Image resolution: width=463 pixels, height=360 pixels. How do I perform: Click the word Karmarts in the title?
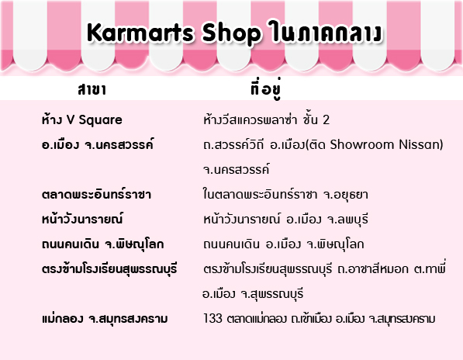tap(140, 33)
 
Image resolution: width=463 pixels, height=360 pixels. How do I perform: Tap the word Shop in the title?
tap(231, 33)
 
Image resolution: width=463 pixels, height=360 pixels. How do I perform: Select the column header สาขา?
tap(92, 89)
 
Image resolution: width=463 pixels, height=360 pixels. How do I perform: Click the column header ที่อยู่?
tap(266, 88)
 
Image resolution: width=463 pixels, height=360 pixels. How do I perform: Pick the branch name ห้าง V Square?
tap(81, 119)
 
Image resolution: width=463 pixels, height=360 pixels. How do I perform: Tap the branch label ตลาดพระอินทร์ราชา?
tap(96, 194)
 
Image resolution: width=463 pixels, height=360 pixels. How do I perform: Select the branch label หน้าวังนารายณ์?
tap(82, 219)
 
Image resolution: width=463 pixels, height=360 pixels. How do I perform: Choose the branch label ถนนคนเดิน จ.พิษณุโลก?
tap(102, 244)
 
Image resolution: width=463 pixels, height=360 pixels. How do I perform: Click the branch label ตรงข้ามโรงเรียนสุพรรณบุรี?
tap(109, 268)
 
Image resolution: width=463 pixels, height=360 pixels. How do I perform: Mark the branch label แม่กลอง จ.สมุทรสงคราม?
tap(105, 319)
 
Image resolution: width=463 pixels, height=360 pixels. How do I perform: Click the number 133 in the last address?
tap(212, 318)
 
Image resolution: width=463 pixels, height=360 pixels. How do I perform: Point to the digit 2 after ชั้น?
tap(326, 119)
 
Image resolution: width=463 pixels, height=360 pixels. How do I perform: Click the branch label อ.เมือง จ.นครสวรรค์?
tap(98, 144)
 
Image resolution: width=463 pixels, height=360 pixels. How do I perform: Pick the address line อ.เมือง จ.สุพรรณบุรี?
tap(253, 294)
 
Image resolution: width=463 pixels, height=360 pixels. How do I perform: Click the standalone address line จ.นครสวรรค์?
tap(237, 169)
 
